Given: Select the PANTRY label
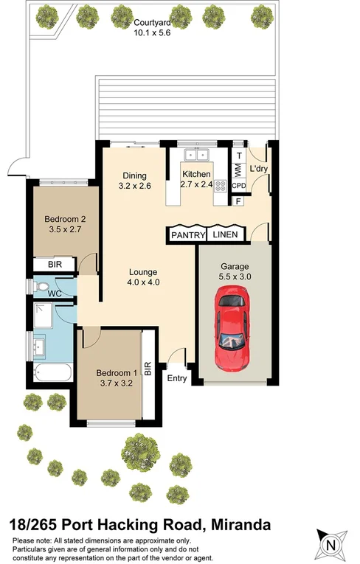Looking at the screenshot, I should click(187, 234).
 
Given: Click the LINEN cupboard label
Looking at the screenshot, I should click(226, 234).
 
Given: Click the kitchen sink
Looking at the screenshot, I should click(198, 155).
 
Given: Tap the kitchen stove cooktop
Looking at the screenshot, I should click(219, 187).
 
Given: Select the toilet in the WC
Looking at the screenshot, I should click(41, 287).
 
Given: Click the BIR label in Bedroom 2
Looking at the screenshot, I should click(55, 265).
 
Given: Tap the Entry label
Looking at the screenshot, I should click(178, 378).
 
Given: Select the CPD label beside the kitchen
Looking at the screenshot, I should click(238, 187).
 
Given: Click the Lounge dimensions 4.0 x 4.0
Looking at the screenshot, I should click(144, 282).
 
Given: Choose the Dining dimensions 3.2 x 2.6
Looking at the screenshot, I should click(135, 186).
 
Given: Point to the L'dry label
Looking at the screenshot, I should click(259, 169).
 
